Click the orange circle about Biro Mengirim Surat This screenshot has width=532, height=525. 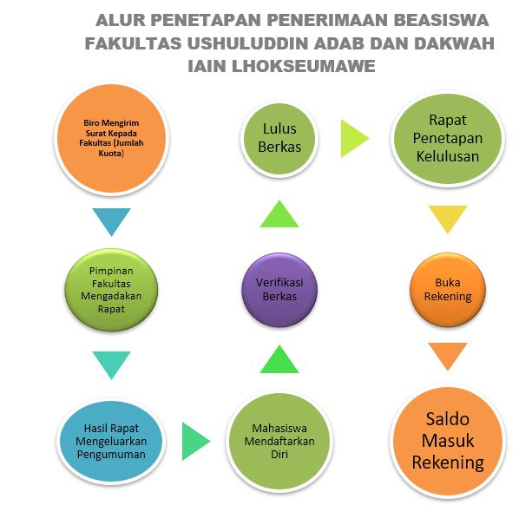point(111,138)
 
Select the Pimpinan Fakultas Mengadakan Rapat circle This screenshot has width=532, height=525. point(111,290)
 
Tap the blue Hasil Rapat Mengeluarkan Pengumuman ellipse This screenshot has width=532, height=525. point(111,441)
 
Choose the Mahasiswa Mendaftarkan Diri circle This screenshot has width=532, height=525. point(279,441)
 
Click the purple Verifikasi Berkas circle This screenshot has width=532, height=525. point(279,290)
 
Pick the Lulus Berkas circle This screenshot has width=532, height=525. point(279,138)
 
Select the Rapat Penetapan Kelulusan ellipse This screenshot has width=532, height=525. point(448,138)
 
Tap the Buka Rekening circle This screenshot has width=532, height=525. point(448,290)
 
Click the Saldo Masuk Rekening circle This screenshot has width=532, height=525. point(448,441)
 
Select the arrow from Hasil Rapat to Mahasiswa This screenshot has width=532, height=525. point(196,441)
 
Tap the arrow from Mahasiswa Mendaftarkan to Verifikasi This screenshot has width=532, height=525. point(279,359)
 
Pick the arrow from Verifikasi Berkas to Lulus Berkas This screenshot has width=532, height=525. point(279,213)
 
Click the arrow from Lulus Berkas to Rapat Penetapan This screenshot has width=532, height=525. point(355,138)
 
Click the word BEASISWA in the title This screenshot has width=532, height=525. point(441,20)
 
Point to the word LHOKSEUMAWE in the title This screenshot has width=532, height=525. point(304,66)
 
